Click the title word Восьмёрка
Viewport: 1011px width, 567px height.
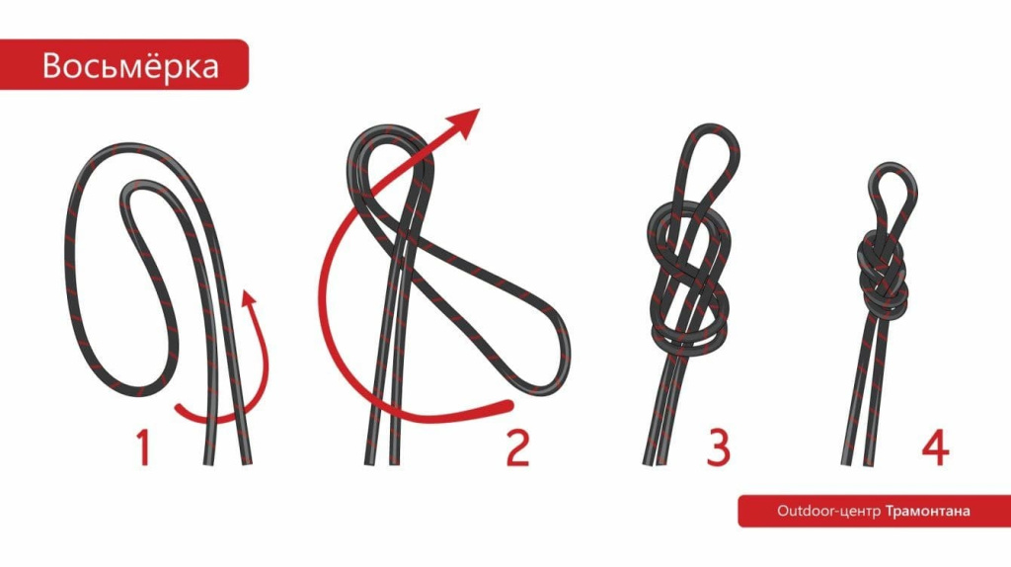[x=131, y=66]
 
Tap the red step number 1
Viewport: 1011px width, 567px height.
[x=143, y=447]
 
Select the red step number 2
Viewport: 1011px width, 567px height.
[x=517, y=447]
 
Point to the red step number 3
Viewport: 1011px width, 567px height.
[x=719, y=447]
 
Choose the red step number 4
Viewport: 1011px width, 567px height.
[x=936, y=447]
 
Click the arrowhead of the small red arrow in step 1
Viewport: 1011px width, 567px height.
[x=248, y=297]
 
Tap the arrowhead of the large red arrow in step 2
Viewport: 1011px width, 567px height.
[x=466, y=121]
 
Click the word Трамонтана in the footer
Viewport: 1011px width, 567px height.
[x=928, y=511]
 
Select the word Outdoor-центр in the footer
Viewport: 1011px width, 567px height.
[x=828, y=511]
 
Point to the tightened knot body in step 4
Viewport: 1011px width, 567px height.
[x=885, y=275]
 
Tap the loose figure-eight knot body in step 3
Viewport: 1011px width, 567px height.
[x=690, y=279]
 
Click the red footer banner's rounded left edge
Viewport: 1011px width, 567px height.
[x=741, y=511]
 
